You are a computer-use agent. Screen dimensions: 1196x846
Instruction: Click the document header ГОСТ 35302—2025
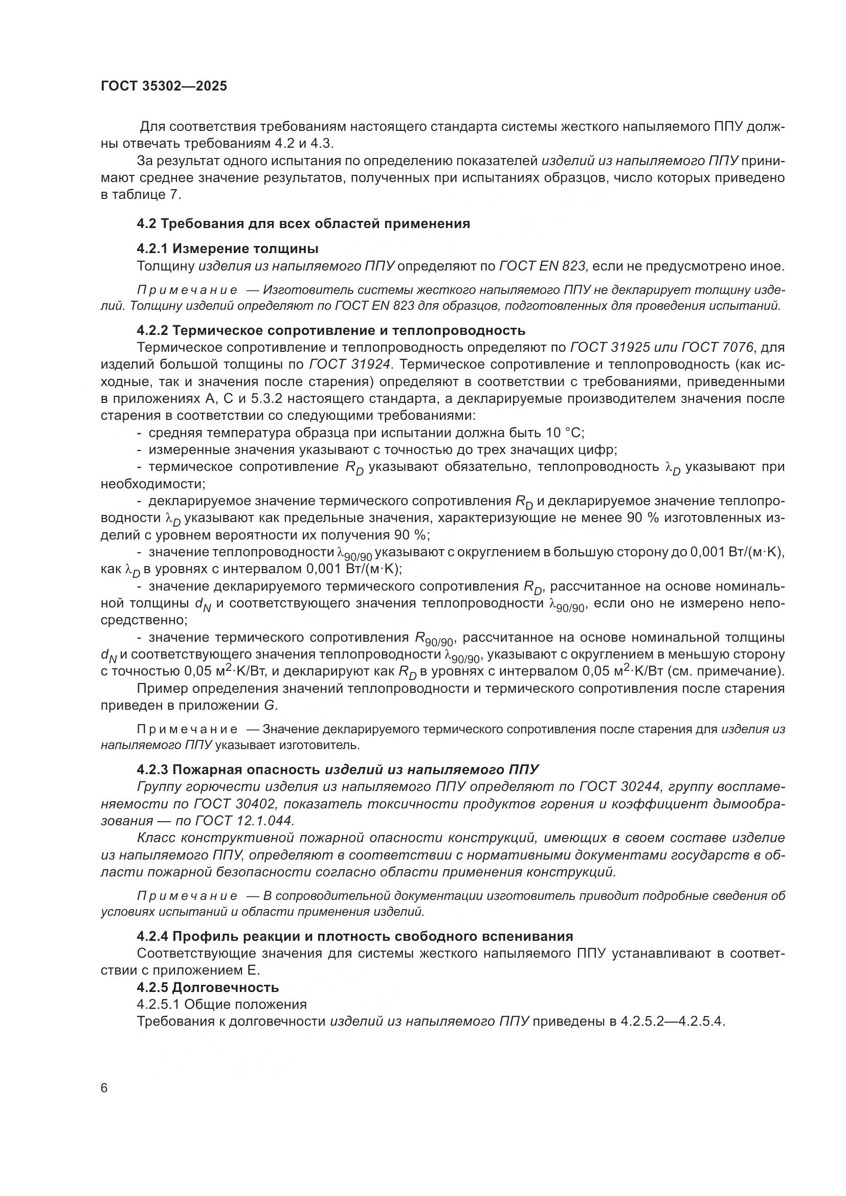click(x=164, y=86)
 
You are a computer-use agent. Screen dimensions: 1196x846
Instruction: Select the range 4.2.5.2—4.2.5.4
click(x=673, y=1022)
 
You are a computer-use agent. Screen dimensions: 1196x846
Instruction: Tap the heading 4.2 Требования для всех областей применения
click(x=303, y=223)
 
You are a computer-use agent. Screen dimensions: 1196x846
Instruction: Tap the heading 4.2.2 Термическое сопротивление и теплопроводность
click(x=331, y=330)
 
